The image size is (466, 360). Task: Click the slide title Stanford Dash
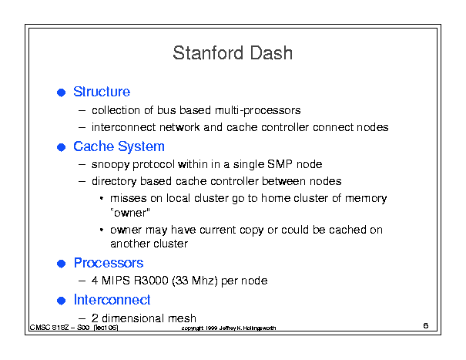click(x=233, y=53)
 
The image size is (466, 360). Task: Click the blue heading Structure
click(x=102, y=92)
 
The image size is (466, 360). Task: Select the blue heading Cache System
click(x=119, y=146)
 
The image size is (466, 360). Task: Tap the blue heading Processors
click(x=109, y=263)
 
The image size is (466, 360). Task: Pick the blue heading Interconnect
click(x=112, y=300)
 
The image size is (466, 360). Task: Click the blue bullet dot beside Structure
click(x=61, y=93)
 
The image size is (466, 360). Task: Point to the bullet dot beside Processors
click(x=61, y=264)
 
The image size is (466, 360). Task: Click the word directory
click(x=114, y=181)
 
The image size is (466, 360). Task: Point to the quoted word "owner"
click(x=130, y=213)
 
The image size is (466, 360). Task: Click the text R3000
click(x=151, y=281)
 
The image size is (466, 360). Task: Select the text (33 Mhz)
click(x=195, y=281)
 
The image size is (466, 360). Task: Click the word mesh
click(x=182, y=318)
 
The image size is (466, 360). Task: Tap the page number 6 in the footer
click(x=426, y=325)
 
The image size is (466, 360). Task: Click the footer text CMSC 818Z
click(x=49, y=328)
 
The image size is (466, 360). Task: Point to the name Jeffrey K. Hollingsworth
click(x=247, y=328)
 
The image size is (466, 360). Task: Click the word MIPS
click(x=116, y=281)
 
